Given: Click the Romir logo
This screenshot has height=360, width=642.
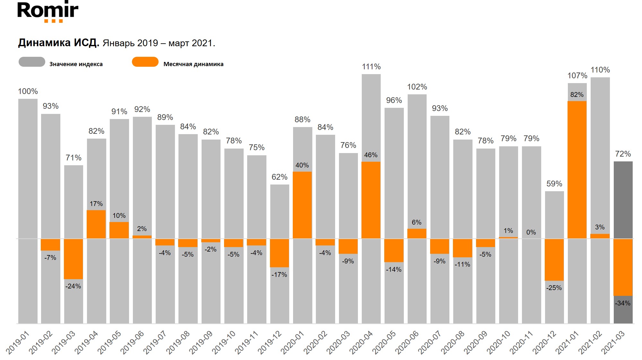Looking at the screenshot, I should coord(48,12).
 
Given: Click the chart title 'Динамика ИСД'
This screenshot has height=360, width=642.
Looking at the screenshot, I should coord(58,43).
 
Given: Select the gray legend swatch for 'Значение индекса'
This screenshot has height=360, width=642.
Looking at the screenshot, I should coord(32,62).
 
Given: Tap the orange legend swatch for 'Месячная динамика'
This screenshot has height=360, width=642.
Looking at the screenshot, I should coord(145,62).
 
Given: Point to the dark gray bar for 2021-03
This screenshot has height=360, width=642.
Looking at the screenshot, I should coord(623,199).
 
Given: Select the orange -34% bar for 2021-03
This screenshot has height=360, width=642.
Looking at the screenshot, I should coord(623,267).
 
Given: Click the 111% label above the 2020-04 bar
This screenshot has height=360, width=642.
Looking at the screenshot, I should coord(371,67).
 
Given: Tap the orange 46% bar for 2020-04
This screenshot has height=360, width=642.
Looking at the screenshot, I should coord(371,200).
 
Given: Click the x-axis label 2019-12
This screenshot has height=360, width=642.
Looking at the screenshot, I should coord(270,342).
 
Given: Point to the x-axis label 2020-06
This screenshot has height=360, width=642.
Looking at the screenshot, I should coord(407,342).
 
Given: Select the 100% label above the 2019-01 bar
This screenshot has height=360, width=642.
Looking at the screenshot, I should coord(28,91).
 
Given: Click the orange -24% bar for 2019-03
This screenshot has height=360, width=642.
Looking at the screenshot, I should coord(73,259).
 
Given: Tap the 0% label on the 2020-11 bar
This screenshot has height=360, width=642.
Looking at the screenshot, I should coord(531,232).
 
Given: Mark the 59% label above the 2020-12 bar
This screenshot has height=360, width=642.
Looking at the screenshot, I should coord(554,184).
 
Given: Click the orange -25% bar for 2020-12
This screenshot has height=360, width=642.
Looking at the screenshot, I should coord(554,260).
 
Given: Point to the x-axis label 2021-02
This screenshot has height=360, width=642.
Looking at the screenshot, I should coord(590,342).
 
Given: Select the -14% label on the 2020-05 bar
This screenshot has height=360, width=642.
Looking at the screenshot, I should coord(394,270).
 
